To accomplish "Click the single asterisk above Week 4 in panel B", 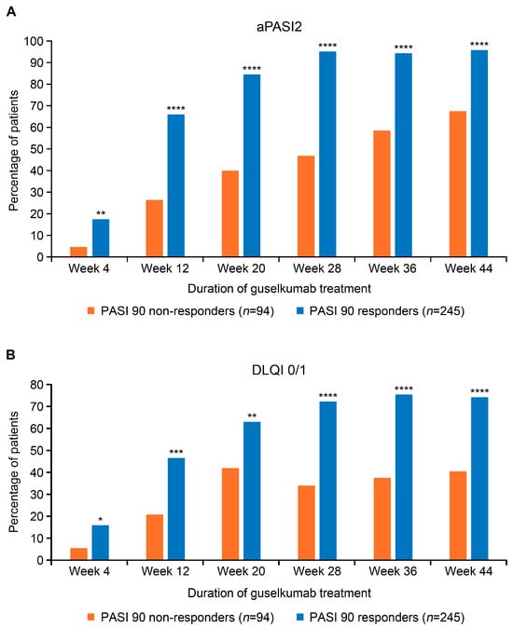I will coord(100,518).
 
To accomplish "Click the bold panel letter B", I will coord(10,354).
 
